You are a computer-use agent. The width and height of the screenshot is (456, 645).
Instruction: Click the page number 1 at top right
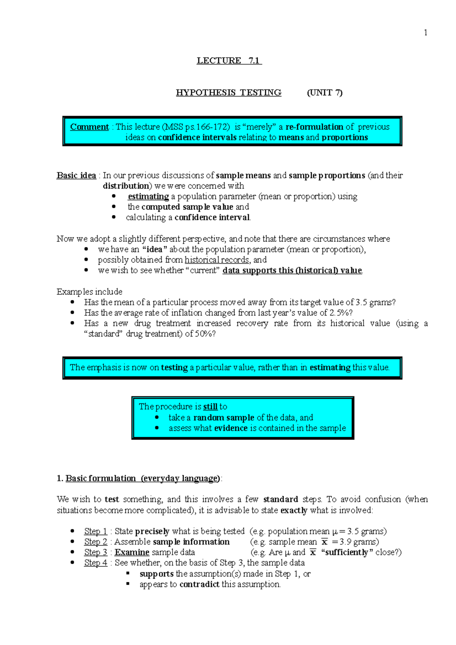(x=426, y=33)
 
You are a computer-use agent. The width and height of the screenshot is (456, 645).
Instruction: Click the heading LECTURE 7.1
(x=229, y=61)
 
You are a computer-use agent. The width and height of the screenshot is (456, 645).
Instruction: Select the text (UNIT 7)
(x=325, y=93)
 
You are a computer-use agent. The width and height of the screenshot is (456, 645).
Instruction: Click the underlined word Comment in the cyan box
(x=89, y=127)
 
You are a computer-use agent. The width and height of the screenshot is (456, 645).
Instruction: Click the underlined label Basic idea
(x=76, y=175)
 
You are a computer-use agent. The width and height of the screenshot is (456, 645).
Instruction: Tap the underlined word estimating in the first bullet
(x=148, y=196)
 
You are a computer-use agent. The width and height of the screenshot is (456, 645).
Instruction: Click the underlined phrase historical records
(x=217, y=260)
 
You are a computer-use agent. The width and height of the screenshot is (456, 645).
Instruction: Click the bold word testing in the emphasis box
(x=174, y=367)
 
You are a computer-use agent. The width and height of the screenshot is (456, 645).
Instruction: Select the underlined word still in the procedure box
(x=210, y=406)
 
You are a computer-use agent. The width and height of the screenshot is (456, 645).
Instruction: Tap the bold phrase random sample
(x=223, y=417)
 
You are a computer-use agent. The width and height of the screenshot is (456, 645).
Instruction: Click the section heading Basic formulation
(x=101, y=478)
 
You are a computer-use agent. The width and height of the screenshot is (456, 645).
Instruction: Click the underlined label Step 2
(x=95, y=542)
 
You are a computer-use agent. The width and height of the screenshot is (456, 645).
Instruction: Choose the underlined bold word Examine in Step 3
(x=132, y=552)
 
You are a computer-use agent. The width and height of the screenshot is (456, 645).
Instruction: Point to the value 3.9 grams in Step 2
(x=359, y=542)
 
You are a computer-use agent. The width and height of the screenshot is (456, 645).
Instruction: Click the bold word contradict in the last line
(x=199, y=584)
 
